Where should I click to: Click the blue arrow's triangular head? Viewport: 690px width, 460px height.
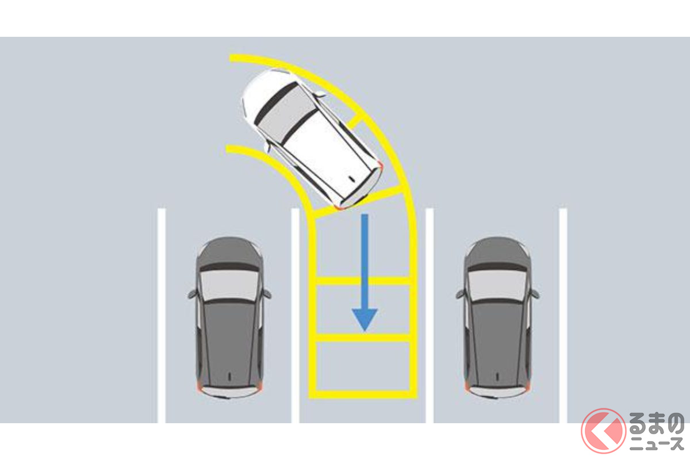click(x=365, y=319)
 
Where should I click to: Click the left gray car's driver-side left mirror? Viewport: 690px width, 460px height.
click(x=192, y=294)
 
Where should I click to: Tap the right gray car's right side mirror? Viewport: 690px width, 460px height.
click(x=534, y=294)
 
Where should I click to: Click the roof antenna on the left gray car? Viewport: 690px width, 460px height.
click(x=229, y=376)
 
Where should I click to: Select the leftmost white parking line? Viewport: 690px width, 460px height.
click(x=162, y=316)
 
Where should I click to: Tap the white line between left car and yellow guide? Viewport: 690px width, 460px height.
click(x=295, y=316)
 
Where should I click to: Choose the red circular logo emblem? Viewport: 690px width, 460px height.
click(x=604, y=431)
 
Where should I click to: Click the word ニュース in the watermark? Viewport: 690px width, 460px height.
click(x=657, y=444)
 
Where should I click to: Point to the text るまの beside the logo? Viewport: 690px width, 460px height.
click(x=657, y=424)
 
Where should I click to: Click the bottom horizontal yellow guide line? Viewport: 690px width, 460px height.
click(x=363, y=394)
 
